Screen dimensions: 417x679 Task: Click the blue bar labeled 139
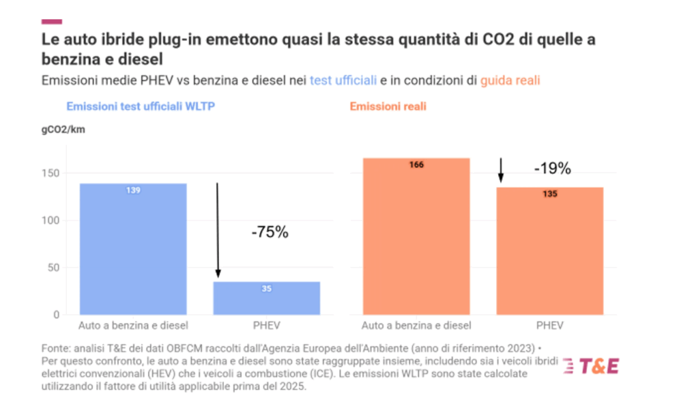(x=133, y=248)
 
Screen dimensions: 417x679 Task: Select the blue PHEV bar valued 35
(x=267, y=298)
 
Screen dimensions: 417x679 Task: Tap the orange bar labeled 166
(x=416, y=236)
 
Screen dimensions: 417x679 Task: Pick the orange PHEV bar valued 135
(x=550, y=251)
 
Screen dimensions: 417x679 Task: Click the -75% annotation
(x=270, y=232)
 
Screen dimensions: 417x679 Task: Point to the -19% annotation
(x=552, y=169)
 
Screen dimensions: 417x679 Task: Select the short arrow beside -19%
(x=501, y=170)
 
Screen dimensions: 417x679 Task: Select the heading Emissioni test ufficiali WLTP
(x=141, y=106)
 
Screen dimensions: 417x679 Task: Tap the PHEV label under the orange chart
(x=550, y=325)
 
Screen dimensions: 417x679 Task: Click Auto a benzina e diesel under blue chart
(x=133, y=325)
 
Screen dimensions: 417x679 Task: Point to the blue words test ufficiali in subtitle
(x=343, y=80)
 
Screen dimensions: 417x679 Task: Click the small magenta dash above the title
(x=52, y=22)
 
